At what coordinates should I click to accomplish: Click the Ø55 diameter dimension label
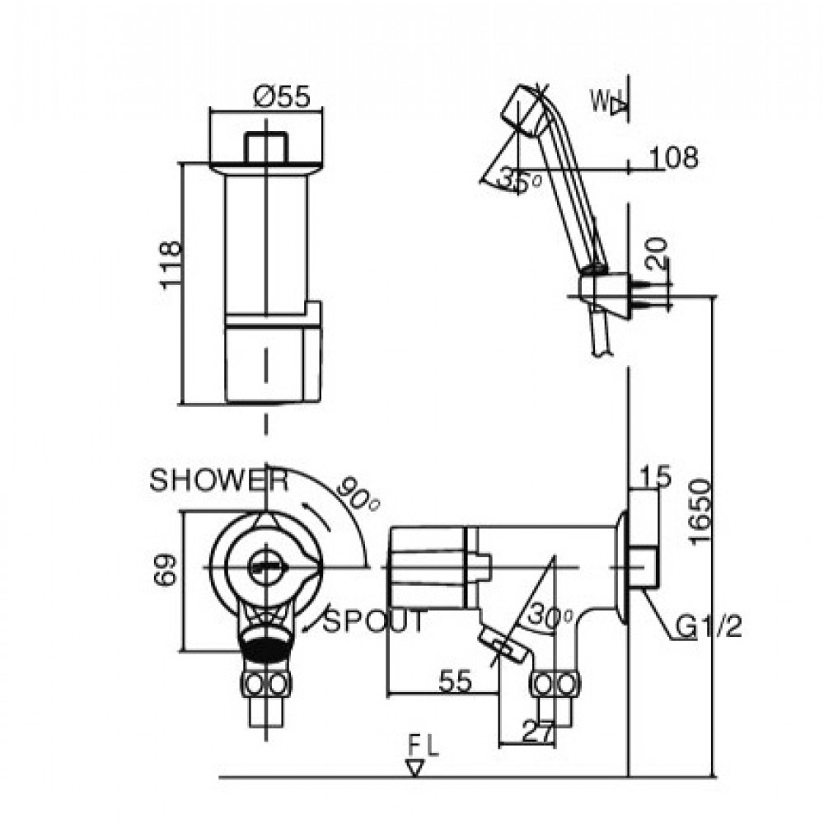coord(282,96)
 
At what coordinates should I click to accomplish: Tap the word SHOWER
coord(218,481)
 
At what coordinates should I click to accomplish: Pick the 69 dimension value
coord(167,569)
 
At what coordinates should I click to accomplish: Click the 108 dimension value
coord(673,157)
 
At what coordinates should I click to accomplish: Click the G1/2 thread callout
coord(709,630)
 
